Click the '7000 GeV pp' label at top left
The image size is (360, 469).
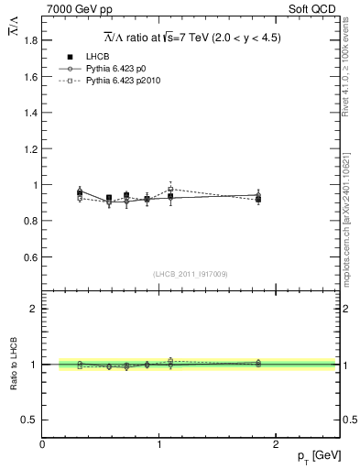75,9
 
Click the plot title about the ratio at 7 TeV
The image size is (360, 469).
191,38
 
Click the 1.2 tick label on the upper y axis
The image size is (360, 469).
27,149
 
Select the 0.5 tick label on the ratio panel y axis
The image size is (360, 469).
27,420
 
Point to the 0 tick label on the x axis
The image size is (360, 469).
42,444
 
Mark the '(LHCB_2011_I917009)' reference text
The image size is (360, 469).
191,274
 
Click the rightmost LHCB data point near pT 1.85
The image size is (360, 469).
258,199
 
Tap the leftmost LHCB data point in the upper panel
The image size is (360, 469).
80,193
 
